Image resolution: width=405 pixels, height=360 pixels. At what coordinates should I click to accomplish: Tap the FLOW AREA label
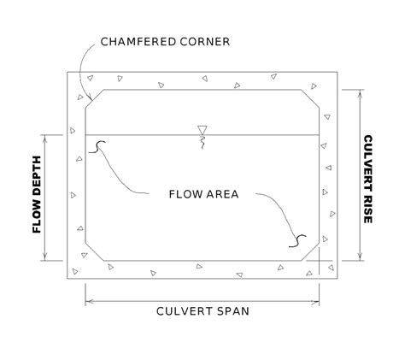[203, 193]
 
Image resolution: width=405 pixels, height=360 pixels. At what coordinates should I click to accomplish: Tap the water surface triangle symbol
[202, 130]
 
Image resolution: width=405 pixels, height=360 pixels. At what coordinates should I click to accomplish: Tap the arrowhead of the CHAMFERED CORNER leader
[90, 101]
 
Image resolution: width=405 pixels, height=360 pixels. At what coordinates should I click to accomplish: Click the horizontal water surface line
[256, 134]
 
